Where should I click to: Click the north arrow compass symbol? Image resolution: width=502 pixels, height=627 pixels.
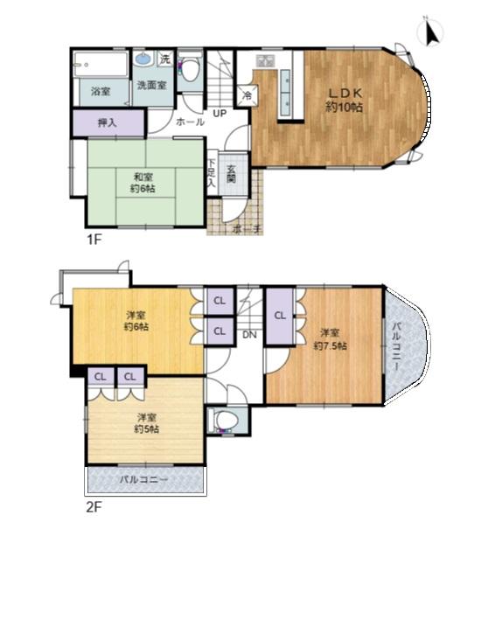coord(430,31)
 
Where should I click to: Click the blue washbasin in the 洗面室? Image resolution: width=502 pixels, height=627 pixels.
coord(143,59)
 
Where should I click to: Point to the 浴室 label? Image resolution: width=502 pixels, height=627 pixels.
coord(101,91)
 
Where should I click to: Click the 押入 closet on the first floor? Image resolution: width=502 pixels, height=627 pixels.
coord(108,122)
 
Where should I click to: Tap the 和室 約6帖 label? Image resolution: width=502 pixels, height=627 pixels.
coord(143,183)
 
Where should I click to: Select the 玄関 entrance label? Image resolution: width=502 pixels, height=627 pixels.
coord(232,174)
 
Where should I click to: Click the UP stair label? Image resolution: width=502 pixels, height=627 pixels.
coord(220,114)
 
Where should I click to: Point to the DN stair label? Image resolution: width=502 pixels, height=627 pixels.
coord(249,335)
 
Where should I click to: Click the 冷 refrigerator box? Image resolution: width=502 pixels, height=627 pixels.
coord(248,95)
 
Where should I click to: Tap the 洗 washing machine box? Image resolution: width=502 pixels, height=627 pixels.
coord(165,59)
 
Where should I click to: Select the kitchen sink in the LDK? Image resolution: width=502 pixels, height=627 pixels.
coord(265,61)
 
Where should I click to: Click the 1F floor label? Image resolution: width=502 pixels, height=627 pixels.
coord(94,240)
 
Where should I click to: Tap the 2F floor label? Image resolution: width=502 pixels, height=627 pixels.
coord(94,507)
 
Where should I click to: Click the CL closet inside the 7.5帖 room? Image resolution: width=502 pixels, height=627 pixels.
coord(280,316)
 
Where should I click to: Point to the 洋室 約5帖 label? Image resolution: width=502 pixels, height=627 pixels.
coord(146,423)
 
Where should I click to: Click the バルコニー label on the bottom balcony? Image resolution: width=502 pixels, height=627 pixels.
coord(144,479)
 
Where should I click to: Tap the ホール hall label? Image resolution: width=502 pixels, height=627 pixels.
coord(191,122)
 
